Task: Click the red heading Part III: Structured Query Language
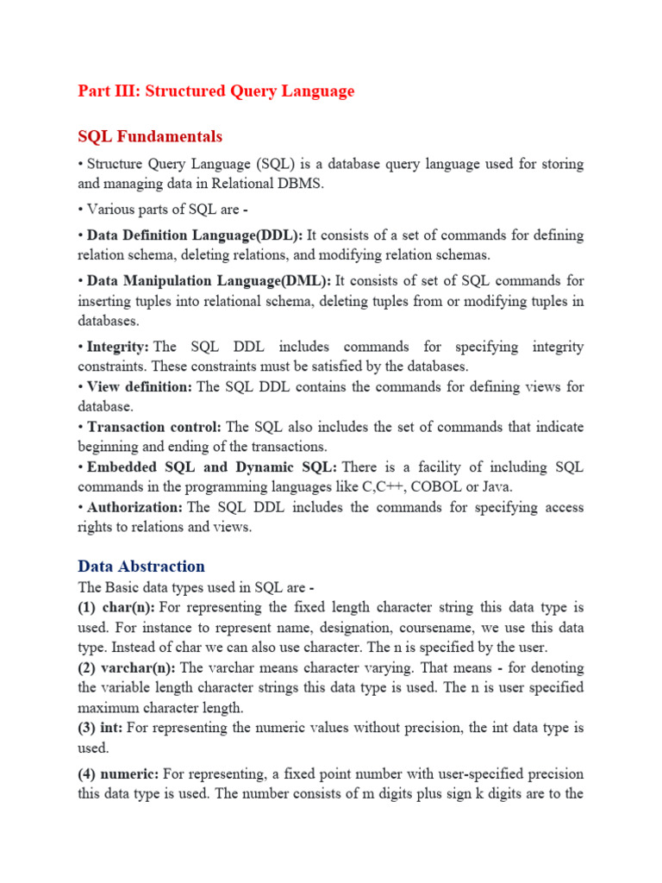pos(215,91)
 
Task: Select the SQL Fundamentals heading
pos(150,136)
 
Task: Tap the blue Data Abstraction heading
pos(141,567)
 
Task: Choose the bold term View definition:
pos(140,387)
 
